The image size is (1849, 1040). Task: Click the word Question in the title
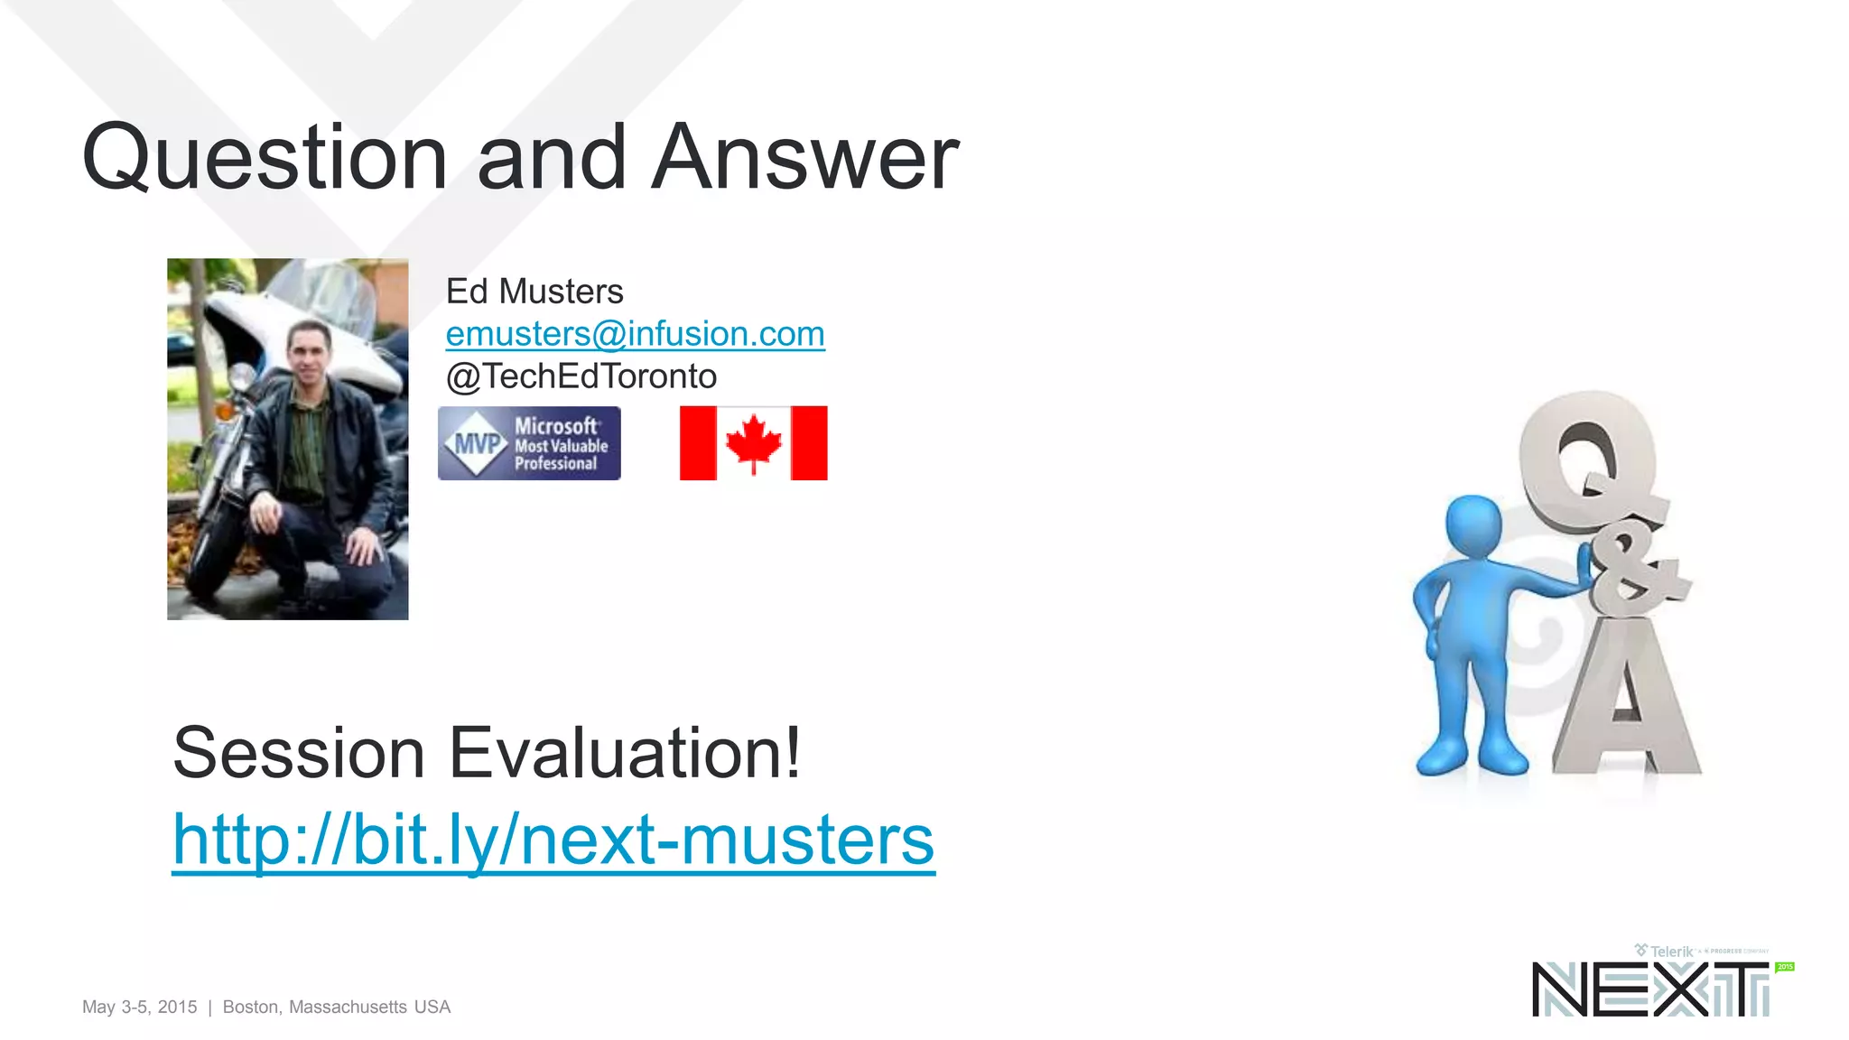[265, 159]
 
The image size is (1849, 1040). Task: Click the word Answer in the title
[804, 159]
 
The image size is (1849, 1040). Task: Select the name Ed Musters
[534, 292]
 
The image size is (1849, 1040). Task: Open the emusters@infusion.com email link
[635, 334]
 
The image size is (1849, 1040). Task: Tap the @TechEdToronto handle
[581, 376]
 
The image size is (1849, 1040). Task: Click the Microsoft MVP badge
[529, 443]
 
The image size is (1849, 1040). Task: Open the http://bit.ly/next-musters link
[553, 840]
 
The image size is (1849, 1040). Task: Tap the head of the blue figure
[1473, 526]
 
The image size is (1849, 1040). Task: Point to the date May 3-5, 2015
[140, 1007]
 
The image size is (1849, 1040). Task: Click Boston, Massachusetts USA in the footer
[336, 1007]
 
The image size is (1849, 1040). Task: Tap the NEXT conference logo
[1650, 989]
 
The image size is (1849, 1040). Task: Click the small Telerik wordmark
[1670, 952]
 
